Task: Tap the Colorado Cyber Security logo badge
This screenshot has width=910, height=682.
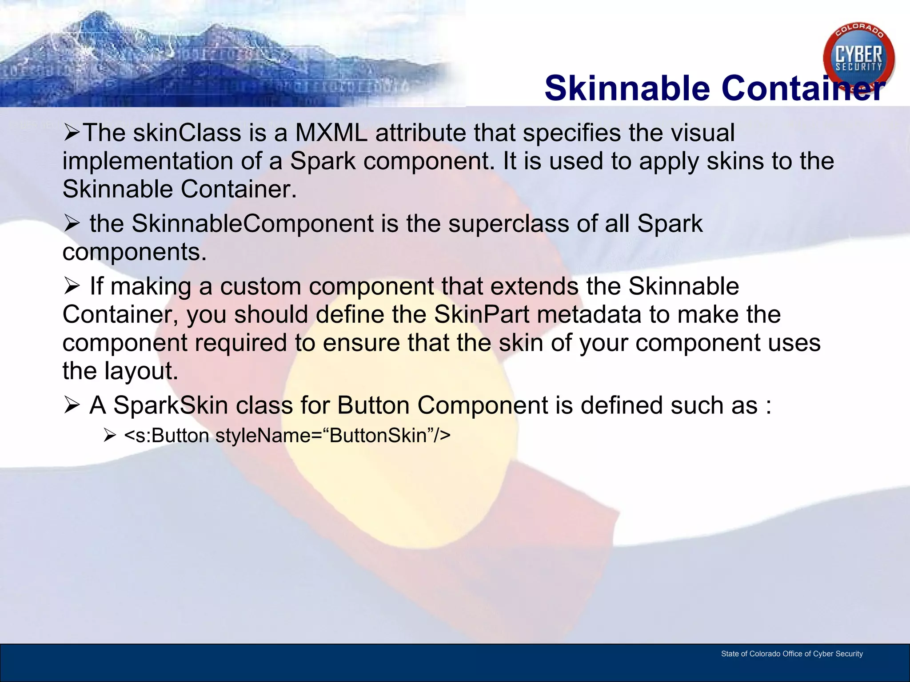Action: point(858,58)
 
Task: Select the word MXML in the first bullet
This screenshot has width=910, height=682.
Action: point(331,133)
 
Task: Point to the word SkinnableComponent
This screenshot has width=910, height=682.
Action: point(252,223)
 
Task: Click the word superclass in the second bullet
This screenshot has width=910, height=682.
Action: point(508,223)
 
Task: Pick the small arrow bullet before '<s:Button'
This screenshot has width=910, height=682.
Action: point(109,436)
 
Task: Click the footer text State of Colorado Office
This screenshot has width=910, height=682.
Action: point(791,654)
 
